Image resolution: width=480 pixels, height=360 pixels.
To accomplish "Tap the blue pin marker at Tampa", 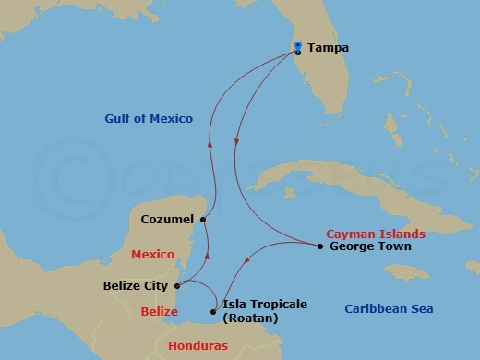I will point(297,46).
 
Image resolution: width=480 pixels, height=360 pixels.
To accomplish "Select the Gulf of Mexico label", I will point(148,118).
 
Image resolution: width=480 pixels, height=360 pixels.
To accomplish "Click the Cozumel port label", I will point(167,220).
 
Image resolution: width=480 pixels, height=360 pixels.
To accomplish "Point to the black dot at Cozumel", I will point(203,219).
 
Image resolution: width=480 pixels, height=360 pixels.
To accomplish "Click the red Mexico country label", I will point(152,253).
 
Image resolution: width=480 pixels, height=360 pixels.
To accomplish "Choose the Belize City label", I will point(135,286).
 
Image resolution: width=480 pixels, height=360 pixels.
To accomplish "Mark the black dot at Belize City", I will point(177,285).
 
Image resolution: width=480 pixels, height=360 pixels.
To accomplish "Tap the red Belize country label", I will point(159,312).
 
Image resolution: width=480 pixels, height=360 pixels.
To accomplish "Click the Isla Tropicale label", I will point(265,304).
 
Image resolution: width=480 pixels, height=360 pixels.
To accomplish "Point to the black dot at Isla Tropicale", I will point(213,312).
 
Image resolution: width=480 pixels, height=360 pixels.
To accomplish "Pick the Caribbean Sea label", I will point(389,309).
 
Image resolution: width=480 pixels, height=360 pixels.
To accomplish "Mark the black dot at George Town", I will point(319,246).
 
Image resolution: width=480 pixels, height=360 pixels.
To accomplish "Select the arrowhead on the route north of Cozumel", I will point(210,144).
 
